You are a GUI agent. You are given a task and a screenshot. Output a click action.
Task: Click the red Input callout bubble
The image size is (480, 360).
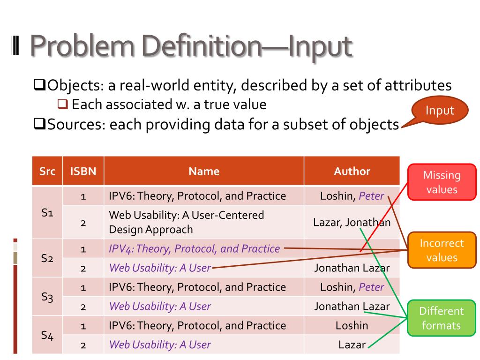click(440, 111)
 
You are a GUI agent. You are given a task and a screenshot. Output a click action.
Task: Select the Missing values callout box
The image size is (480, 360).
click(442, 182)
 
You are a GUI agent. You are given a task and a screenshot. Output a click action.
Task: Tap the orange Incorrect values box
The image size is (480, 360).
click(442, 250)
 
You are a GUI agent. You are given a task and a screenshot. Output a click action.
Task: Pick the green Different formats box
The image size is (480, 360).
click(441, 318)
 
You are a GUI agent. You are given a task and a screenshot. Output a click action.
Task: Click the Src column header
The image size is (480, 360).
click(47, 171)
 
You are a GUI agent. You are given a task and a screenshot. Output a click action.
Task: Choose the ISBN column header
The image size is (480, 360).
click(83, 171)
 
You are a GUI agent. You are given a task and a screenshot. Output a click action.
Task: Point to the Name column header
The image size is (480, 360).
click(204, 171)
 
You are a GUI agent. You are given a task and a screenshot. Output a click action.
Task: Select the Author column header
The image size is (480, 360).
click(352, 171)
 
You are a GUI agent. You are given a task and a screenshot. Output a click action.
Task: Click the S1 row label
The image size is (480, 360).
click(47, 212)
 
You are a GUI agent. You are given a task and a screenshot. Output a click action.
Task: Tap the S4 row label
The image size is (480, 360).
click(47, 335)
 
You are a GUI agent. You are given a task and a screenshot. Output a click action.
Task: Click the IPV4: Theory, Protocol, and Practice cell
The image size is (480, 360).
click(195, 248)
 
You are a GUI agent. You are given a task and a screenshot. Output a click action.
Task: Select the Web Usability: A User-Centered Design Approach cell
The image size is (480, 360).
click(187, 222)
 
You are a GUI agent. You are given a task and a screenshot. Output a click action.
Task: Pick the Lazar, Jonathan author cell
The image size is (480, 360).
click(352, 222)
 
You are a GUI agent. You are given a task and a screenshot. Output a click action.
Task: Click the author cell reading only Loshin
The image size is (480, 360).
click(352, 325)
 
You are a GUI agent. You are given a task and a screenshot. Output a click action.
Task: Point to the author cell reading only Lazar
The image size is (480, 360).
click(352, 345)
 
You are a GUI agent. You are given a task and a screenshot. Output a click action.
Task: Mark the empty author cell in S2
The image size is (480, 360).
click(352, 248)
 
